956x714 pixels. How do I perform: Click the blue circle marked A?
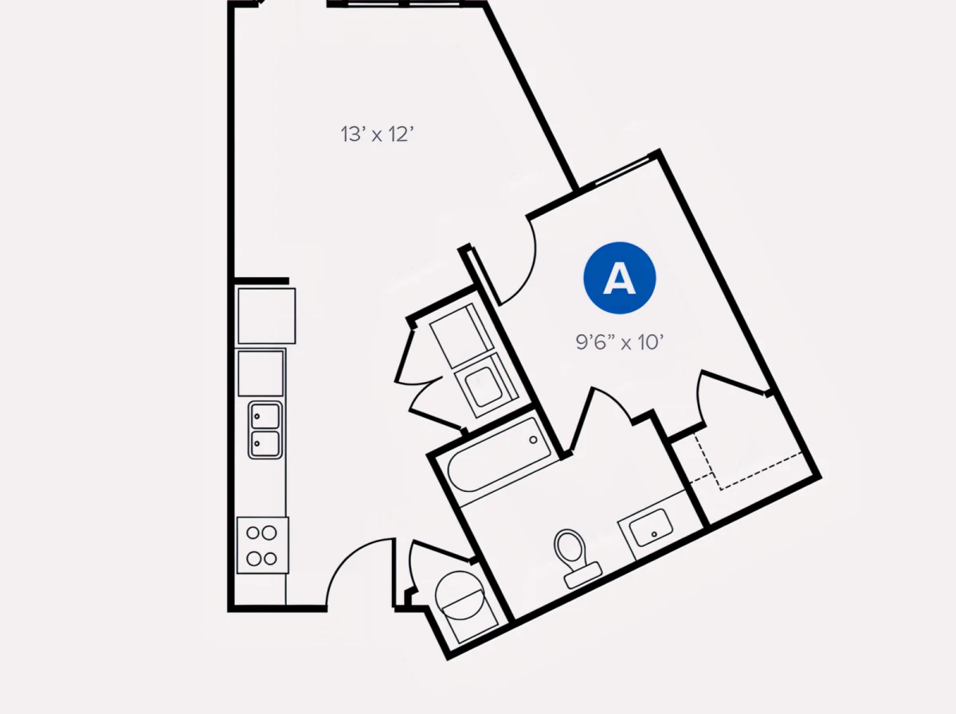pyautogui.click(x=619, y=278)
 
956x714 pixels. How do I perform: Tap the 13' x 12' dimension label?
pyautogui.click(x=377, y=134)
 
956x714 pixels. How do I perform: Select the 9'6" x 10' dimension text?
pyautogui.click(x=619, y=342)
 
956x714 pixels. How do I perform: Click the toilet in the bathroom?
pyautogui.click(x=576, y=558)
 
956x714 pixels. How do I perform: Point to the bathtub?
pyautogui.click(x=500, y=455)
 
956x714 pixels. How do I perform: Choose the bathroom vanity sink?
pyautogui.click(x=651, y=528)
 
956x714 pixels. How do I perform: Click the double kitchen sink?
pyautogui.click(x=264, y=430)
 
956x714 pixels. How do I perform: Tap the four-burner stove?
pyautogui.click(x=262, y=544)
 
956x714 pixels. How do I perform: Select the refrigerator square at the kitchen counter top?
pyautogui.click(x=267, y=315)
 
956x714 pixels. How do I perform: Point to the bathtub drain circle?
pyautogui.click(x=533, y=440)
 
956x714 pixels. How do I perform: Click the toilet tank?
pyautogui.click(x=582, y=575)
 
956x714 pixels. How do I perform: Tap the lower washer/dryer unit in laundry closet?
pyautogui.click(x=486, y=385)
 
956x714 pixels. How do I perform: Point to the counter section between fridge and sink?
pyautogui.click(x=261, y=373)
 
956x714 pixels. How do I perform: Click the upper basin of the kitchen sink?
pyautogui.click(x=264, y=416)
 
